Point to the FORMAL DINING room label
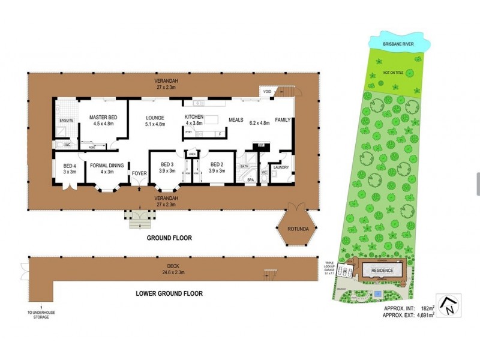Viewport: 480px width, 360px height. [x=107, y=167]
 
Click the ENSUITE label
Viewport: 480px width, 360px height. [x=66, y=121]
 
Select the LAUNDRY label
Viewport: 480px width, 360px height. [x=281, y=167]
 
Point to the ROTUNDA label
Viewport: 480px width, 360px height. [x=298, y=229]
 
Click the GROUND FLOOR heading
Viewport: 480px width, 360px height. [x=170, y=238]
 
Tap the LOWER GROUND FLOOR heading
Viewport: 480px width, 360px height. [x=170, y=294]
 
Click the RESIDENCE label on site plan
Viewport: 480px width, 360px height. [x=382, y=271]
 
